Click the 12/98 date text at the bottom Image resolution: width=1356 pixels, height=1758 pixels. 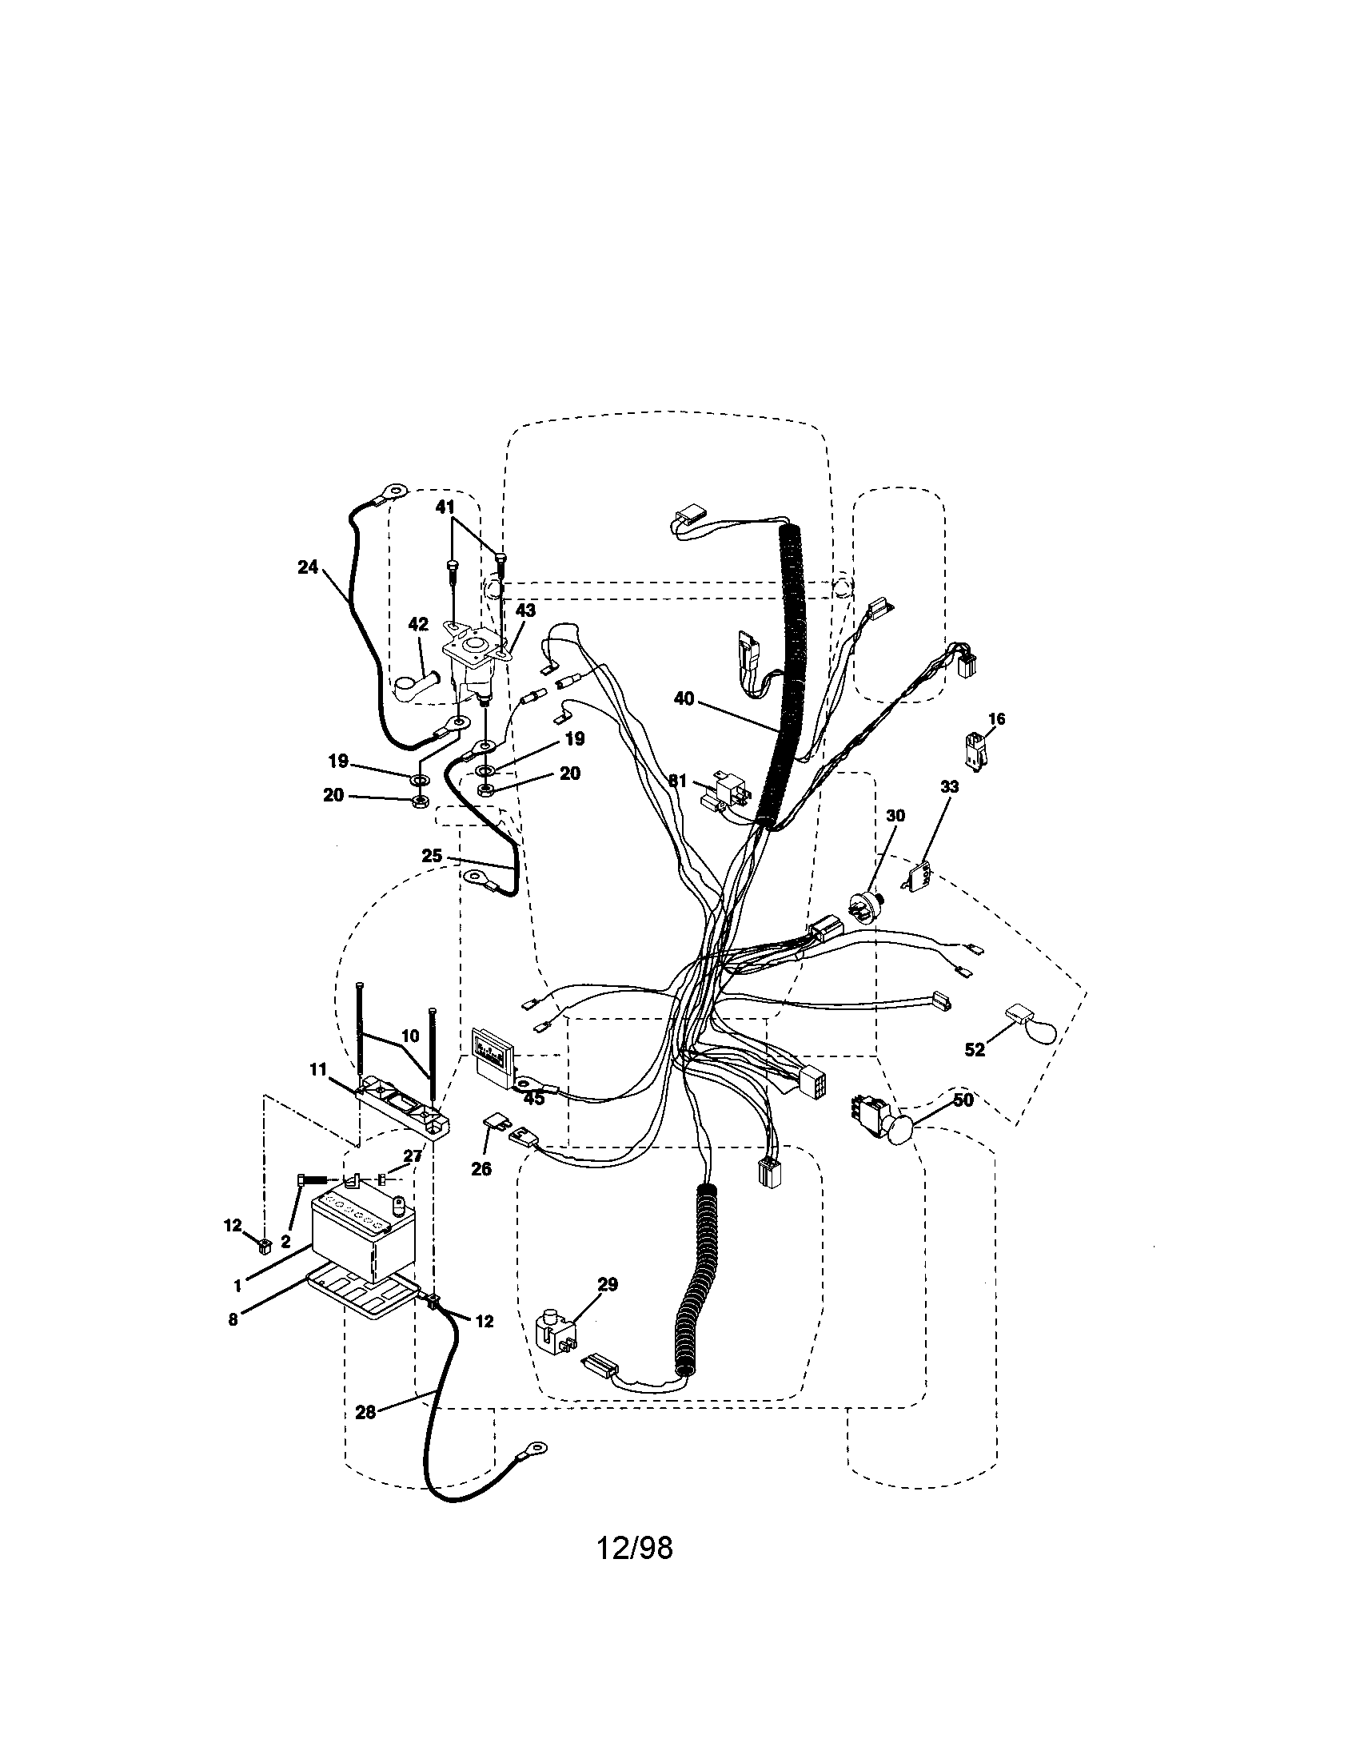635,1546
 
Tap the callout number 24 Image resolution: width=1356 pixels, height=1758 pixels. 308,567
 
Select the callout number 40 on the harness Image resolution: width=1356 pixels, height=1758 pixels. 683,698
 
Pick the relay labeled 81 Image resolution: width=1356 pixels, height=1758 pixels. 724,790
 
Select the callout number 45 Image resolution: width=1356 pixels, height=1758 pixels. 534,1098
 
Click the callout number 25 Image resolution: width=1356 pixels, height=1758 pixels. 432,856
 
